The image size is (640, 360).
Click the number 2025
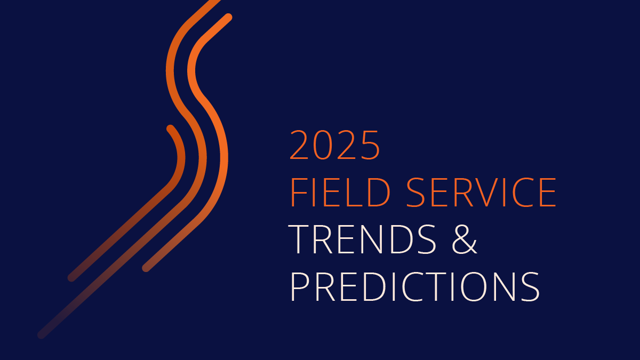334,145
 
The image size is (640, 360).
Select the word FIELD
341,192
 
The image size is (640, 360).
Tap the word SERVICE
481,192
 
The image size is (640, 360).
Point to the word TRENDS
362,239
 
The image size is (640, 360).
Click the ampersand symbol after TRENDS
465,239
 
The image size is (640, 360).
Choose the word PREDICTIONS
415,287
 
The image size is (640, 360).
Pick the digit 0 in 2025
324,145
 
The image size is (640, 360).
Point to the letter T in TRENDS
299,239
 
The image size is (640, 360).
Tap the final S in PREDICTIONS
530,287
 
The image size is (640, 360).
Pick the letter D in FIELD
379,192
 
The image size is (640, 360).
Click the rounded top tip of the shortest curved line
170,129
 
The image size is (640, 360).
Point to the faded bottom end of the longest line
42,335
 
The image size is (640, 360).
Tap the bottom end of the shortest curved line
71,277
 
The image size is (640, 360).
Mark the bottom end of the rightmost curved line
146,268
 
